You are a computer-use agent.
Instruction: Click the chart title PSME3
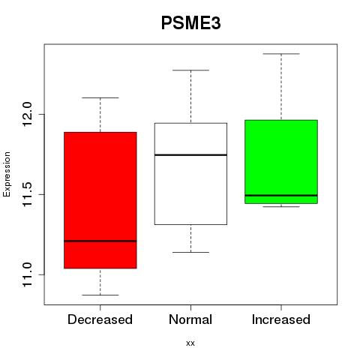click(191, 23)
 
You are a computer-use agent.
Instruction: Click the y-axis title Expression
click(7, 174)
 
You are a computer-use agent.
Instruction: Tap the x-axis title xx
click(190, 343)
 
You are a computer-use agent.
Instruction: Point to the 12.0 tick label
click(27, 114)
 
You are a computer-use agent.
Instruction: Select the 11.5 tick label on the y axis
click(27, 194)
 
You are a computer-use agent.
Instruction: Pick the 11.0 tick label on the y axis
click(27, 274)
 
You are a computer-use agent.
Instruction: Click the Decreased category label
click(100, 319)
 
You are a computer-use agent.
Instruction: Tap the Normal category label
click(190, 319)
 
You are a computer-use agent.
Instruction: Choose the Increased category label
click(281, 319)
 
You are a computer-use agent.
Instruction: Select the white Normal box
click(190, 174)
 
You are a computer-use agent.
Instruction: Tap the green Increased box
click(281, 162)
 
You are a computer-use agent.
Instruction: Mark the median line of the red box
click(100, 241)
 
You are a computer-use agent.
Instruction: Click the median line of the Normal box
click(190, 155)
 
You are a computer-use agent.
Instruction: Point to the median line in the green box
click(281, 195)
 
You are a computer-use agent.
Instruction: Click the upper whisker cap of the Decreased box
click(100, 97)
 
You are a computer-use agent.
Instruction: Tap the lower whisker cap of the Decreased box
click(100, 295)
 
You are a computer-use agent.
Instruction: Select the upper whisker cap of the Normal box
click(190, 70)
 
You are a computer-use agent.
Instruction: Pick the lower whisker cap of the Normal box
click(190, 252)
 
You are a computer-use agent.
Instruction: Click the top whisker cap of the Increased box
click(281, 54)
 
